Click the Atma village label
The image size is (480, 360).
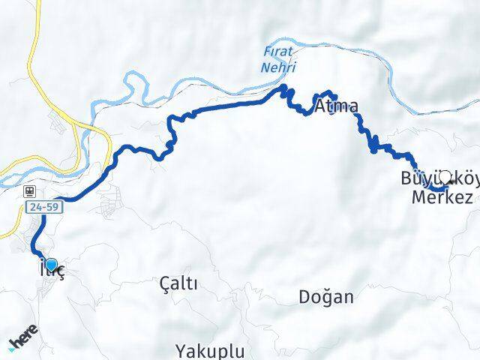(336, 106)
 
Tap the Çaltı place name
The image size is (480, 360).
(178, 283)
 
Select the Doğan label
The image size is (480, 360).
(325, 296)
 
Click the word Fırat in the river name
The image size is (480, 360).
(280, 52)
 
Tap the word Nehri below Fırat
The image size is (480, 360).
(280, 67)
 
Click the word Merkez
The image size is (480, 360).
(442, 198)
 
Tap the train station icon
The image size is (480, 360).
(28, 191)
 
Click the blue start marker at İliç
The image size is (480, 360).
(51, 263)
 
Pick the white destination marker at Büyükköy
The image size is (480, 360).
(445, 176)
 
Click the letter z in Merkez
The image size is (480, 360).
(467, 198)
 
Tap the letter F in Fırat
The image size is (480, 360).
(268, 52)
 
